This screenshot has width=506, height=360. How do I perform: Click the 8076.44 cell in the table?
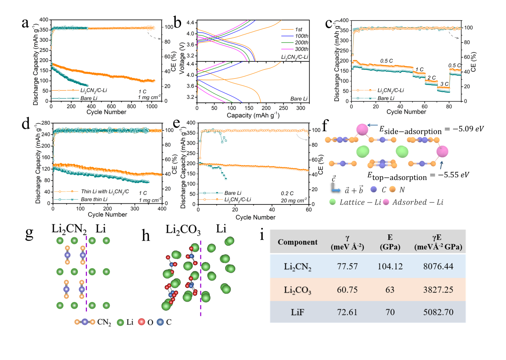coord(438,267)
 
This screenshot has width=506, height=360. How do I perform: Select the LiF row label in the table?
coord(297,312)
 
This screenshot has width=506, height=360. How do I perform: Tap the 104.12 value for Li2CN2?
coord(390,267)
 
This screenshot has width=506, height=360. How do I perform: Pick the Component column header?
coord(297,242)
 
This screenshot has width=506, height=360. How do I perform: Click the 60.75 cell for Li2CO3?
coord(347,290)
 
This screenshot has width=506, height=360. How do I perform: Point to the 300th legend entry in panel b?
coord(301,49)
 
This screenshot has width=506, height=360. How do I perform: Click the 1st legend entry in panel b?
coord(299,29)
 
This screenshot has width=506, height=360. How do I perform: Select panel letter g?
coord(29,233)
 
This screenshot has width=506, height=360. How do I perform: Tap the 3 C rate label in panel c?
coord(444,84)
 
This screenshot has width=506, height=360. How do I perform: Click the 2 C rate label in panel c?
coord(431,78)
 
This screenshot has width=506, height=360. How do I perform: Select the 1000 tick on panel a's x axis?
coord(152,107)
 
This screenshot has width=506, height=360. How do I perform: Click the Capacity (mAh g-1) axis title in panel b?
coord(253,115)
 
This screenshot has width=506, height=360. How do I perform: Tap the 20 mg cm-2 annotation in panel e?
coord(294,200)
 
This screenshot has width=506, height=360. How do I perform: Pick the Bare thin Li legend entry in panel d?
coord(94,199)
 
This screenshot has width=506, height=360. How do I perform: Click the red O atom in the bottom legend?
coord(142,322)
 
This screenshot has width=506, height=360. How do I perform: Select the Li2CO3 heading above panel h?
coord(183,230)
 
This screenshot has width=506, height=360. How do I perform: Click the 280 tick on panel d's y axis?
coord(46,123)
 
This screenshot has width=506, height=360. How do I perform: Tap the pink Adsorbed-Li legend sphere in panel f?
coord(386,202)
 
